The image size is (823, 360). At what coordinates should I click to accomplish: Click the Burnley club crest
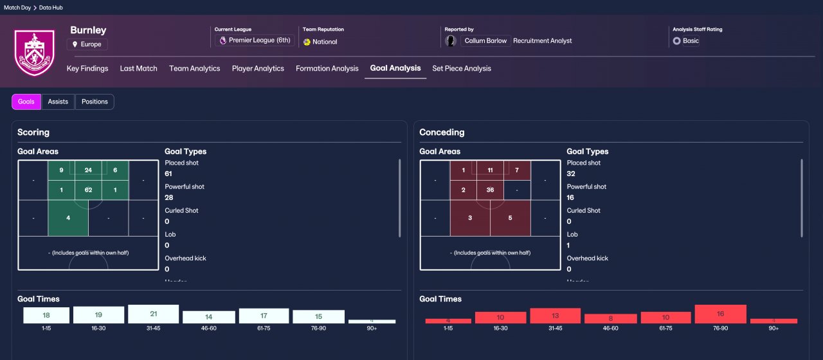coord(34,52)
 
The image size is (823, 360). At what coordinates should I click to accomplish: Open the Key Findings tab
coord(87,68)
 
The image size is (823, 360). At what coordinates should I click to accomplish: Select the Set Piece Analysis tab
coord(461,68)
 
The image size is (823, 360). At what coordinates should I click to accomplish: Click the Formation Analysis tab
coord(327,68)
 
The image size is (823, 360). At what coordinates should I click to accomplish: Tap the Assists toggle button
coord(58,102)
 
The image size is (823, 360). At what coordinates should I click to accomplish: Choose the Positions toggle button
coord(95,102)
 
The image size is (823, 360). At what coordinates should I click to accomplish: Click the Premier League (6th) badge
coord(255,40)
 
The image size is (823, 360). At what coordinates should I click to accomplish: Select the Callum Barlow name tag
coord(485,40)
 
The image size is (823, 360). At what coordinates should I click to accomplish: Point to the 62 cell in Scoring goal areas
coord(88,190)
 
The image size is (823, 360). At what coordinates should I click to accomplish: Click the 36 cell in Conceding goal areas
coord(490,190)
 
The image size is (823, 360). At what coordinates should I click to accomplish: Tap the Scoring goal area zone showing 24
coord(88,170)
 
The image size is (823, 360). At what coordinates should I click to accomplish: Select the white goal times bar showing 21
coord(153,314)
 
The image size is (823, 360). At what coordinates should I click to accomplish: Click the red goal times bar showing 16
coord(720,314)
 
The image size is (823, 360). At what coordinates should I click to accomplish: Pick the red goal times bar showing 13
coord(556,316)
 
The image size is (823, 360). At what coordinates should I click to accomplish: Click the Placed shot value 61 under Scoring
coord(169,174)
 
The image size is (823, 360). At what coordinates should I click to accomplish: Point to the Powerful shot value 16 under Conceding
coord(571,198)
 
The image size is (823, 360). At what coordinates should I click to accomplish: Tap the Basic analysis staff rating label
coord(691,40)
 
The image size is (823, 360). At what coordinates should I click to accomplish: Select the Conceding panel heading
coord(442,132)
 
